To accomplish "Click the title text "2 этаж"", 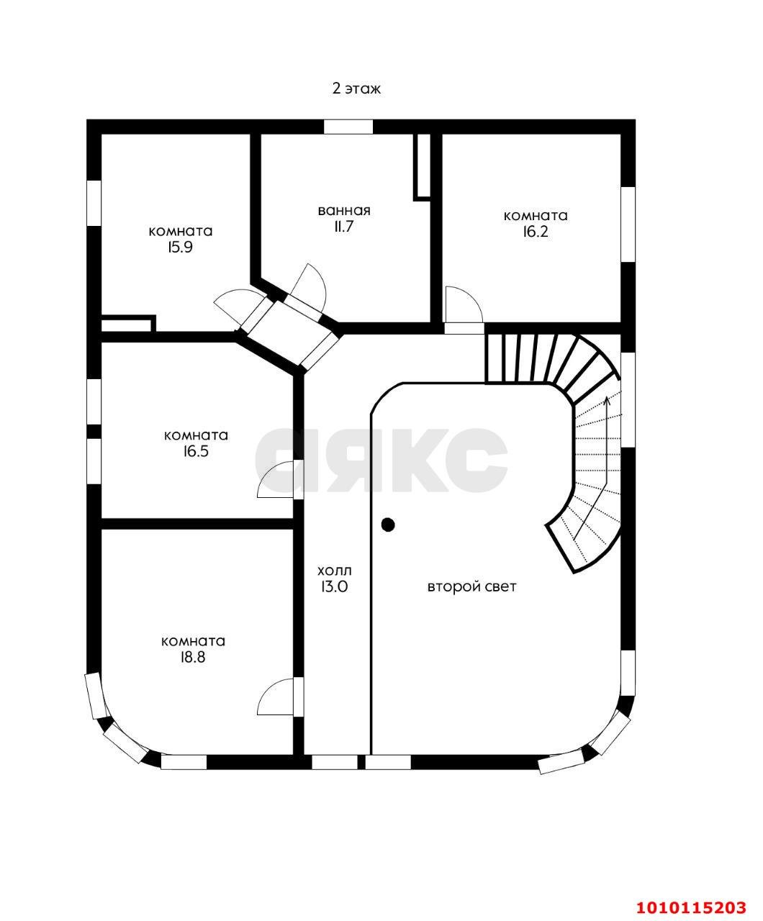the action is [356, 89].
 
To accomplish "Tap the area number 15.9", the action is [180, 248].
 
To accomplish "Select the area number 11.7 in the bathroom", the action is [344, 227].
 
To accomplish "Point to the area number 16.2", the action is [536, 232].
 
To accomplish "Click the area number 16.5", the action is [196, 452].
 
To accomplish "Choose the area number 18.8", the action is [193, 658].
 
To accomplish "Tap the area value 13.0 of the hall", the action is [335, 587].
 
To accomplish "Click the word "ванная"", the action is [344, 211].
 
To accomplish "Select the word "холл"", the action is [335, 571].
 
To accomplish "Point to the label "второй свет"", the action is [471, 587].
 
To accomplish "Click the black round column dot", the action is [388, 525].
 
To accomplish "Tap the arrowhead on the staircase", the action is [608, 400].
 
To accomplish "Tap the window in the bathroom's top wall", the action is [348, 127].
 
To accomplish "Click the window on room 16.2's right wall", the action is [628, 224].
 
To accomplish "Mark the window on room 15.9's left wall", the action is [94, 203].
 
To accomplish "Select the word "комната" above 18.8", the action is [194, 641].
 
